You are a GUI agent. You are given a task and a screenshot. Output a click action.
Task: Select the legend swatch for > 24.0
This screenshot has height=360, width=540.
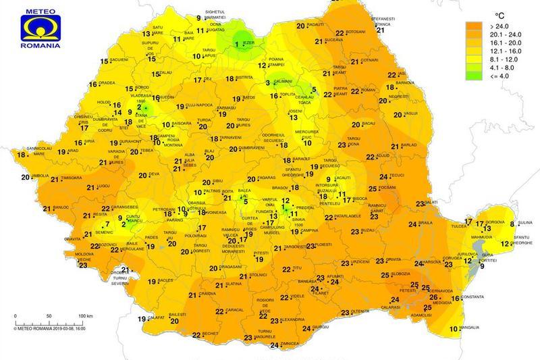[x=475, y=27]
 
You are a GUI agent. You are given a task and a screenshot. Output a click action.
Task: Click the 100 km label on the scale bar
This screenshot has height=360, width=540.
[x=84, y=316]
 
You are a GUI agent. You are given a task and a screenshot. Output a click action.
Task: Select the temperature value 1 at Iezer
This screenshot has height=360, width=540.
[x=236, y=45]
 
